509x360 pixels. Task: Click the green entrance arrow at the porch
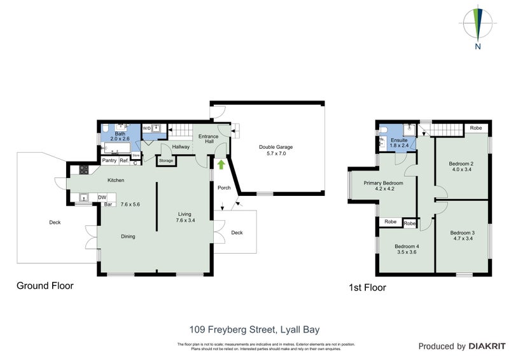pos(221,165)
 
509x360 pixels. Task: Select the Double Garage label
pos(276,150)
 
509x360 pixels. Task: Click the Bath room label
pos(120,136)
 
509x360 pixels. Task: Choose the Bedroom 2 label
pos(462,167)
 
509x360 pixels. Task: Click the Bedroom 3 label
pos(462,236)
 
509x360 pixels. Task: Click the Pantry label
pos(109,161)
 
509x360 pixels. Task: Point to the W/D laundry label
pos(147,128)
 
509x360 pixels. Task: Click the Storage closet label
pos(166,161)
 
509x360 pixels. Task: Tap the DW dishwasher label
pos(102,198)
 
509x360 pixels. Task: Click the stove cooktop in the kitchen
pos(83,170)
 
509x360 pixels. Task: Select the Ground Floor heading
pos(45,286)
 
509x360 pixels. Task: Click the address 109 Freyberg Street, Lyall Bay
pos(254,329)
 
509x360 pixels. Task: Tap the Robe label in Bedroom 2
pos(475,128)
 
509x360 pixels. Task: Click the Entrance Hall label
pos(208,139)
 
